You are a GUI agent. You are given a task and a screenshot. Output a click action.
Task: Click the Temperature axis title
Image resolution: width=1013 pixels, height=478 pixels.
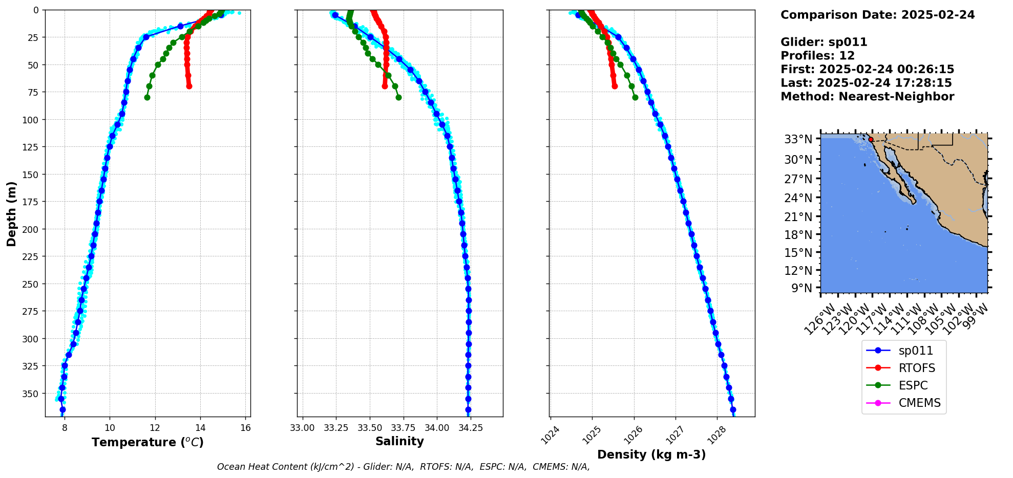147,442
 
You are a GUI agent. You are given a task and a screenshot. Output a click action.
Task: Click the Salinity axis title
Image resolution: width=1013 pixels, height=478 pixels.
399,441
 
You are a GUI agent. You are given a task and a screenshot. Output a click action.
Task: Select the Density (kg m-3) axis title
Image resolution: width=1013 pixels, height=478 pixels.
651,454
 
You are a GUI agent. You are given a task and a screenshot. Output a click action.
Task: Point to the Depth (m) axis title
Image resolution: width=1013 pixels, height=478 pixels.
11,213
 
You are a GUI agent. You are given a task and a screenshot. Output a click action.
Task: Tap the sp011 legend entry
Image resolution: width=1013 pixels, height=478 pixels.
916,351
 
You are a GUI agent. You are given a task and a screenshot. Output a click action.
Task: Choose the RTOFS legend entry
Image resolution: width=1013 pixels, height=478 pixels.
917,368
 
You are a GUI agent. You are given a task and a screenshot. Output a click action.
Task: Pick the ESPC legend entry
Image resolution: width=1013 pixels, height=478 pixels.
913,385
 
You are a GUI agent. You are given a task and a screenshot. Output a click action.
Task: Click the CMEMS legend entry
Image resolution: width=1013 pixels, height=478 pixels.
919,403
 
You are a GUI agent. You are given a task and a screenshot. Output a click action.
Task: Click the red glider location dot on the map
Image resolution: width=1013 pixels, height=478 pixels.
871,139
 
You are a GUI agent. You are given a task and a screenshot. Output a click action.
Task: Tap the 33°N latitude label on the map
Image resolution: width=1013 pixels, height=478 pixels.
798,139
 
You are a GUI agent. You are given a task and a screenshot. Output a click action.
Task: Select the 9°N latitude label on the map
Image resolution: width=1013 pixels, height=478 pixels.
802,288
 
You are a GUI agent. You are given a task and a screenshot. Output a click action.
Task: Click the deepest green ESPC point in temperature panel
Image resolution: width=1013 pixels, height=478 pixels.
147,97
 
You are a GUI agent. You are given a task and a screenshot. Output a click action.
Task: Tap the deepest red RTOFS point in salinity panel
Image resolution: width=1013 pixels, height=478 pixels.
385,86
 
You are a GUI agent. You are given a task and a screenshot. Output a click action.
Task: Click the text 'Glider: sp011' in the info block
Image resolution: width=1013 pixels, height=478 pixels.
824,42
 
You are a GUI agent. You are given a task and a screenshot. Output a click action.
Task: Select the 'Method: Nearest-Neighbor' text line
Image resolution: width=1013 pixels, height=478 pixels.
867,96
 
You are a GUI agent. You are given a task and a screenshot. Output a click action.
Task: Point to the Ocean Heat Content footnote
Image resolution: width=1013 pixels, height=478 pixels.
403,467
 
